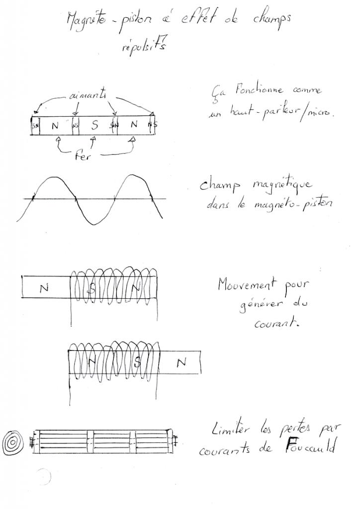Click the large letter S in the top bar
pyautogui.click(x=95, y=126)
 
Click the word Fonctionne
pyautogui.click(x=256, y=90)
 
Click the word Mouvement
pyautogui.click(x=245, y=285)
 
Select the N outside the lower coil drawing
pyautogui.click(x=181, y=363)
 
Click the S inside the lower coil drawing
pyautogui.click(x=138, y=363)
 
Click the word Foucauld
pyautogui.click(x=307, y=445)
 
